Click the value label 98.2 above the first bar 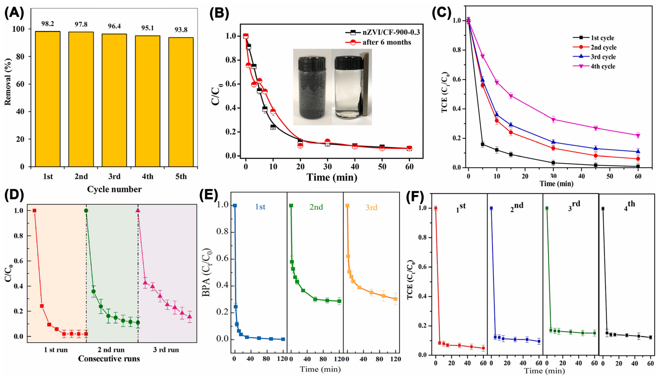[47, 24]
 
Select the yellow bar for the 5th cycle [181, 102]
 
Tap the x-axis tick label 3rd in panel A [114, 177]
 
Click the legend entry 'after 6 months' [387, 42]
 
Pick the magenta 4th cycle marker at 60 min [638, 135]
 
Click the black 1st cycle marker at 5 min [482, 144]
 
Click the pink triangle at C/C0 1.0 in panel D [138, 210]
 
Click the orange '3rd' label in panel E [371, 208]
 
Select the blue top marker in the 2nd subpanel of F [491, 208]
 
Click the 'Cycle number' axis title [114, 189]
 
